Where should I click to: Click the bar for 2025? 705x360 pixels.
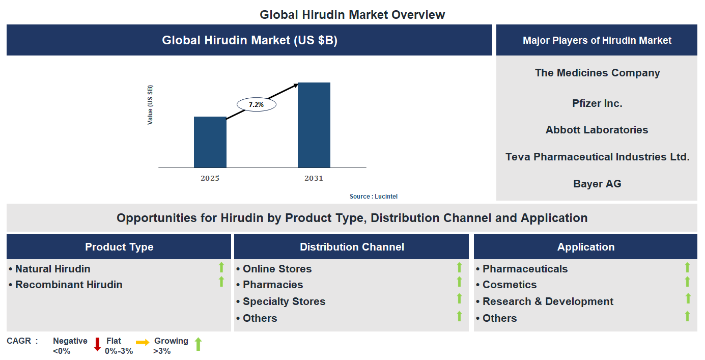tap(210, 142)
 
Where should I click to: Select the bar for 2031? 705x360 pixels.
tap(314, 125)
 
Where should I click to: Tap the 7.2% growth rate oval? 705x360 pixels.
tap(256, 104)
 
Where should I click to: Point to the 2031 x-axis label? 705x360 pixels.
tap(314, 178)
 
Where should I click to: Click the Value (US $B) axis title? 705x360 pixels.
tap(150, 105)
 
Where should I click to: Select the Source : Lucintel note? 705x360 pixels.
tap(374, 197)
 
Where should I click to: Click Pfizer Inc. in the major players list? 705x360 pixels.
tap(597, 103)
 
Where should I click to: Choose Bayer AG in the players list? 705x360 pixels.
tap(597, 184)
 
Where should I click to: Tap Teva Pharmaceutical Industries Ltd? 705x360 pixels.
tap(597, 157)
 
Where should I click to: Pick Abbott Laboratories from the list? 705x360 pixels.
tap(597, 130)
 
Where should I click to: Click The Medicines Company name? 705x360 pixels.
tap(597, 73)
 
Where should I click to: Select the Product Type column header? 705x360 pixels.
tap(119, 247)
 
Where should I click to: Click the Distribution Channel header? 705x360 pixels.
tap(352, 247)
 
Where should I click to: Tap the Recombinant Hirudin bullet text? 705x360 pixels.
tap(69, 285)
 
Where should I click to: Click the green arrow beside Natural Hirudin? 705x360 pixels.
tap(221, 267)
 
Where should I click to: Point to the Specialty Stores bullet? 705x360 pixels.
tap(284, 301)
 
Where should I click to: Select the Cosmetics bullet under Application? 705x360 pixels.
tap(509, 285)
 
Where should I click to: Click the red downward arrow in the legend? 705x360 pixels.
tap(97, 344)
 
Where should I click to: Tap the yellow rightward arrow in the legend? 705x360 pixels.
tap(143, 343)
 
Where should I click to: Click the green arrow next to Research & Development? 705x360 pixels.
tap(688, 299)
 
